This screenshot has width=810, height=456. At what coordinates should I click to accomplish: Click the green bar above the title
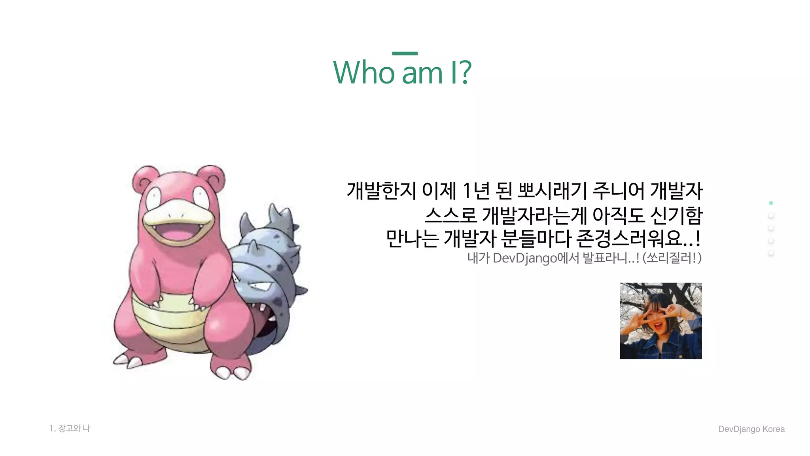[405, 53]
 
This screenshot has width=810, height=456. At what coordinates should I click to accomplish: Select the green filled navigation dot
[771, 203]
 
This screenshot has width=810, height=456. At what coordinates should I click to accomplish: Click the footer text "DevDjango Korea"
[751, 429]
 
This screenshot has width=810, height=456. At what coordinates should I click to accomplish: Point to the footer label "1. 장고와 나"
[70, 428]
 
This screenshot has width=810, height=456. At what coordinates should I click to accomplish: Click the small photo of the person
[660, 321]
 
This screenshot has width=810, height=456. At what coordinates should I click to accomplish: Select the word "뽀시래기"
[552, 191]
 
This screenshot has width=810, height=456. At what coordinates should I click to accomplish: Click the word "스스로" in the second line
[451, 215]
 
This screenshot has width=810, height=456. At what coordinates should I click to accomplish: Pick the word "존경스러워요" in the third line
[629, 239]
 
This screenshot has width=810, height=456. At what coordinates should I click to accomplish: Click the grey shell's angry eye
[259, 286]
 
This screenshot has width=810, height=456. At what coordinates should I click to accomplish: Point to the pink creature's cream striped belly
[170, 321]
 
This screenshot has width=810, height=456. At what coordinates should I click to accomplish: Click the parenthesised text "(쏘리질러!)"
[672, 258]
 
